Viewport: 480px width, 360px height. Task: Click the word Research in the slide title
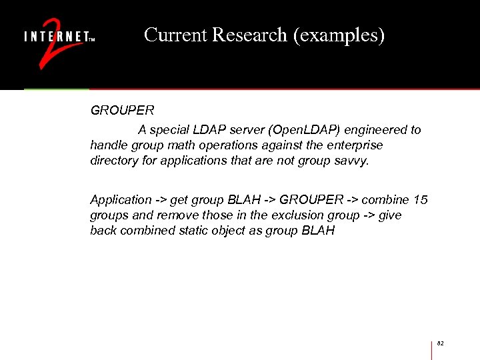[250, 35]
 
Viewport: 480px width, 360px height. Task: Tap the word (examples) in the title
[339, 35]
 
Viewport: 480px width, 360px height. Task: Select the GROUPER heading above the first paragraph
[122, 111]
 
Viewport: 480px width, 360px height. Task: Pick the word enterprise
[357, 145]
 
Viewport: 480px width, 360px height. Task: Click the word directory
[115, 161]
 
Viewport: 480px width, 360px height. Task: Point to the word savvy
[351, 161]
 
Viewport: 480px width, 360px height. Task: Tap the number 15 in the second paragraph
[421, 200]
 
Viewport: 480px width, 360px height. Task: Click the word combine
[386, 200]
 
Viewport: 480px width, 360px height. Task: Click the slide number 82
[440, 343]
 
